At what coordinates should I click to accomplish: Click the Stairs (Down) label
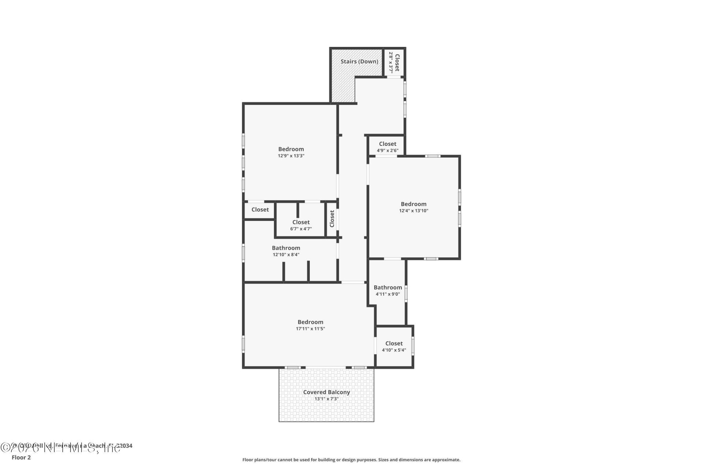359,62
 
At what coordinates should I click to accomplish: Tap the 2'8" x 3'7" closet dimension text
391,62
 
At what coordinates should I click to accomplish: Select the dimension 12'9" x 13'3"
291,156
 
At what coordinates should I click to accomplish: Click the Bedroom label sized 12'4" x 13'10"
413,204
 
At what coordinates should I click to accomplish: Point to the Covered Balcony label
326,392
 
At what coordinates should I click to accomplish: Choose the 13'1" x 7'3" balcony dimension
326,399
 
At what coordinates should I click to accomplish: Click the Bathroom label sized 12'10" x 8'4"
286,248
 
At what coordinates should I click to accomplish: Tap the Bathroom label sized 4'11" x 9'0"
388,288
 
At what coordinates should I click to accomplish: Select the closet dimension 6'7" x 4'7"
301,229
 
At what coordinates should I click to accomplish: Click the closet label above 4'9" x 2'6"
387,144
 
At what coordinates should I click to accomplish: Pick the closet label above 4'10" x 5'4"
394,343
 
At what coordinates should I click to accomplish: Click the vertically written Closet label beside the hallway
332,218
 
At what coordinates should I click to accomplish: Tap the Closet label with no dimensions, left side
260,210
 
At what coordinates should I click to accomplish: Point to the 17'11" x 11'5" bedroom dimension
310,329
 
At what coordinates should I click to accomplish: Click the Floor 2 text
21,457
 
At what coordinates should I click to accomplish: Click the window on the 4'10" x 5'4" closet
413,346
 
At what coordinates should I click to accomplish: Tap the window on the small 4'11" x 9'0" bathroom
406,293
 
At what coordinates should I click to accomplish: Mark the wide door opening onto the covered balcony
326,367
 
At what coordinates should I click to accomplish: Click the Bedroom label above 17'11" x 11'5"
310,322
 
